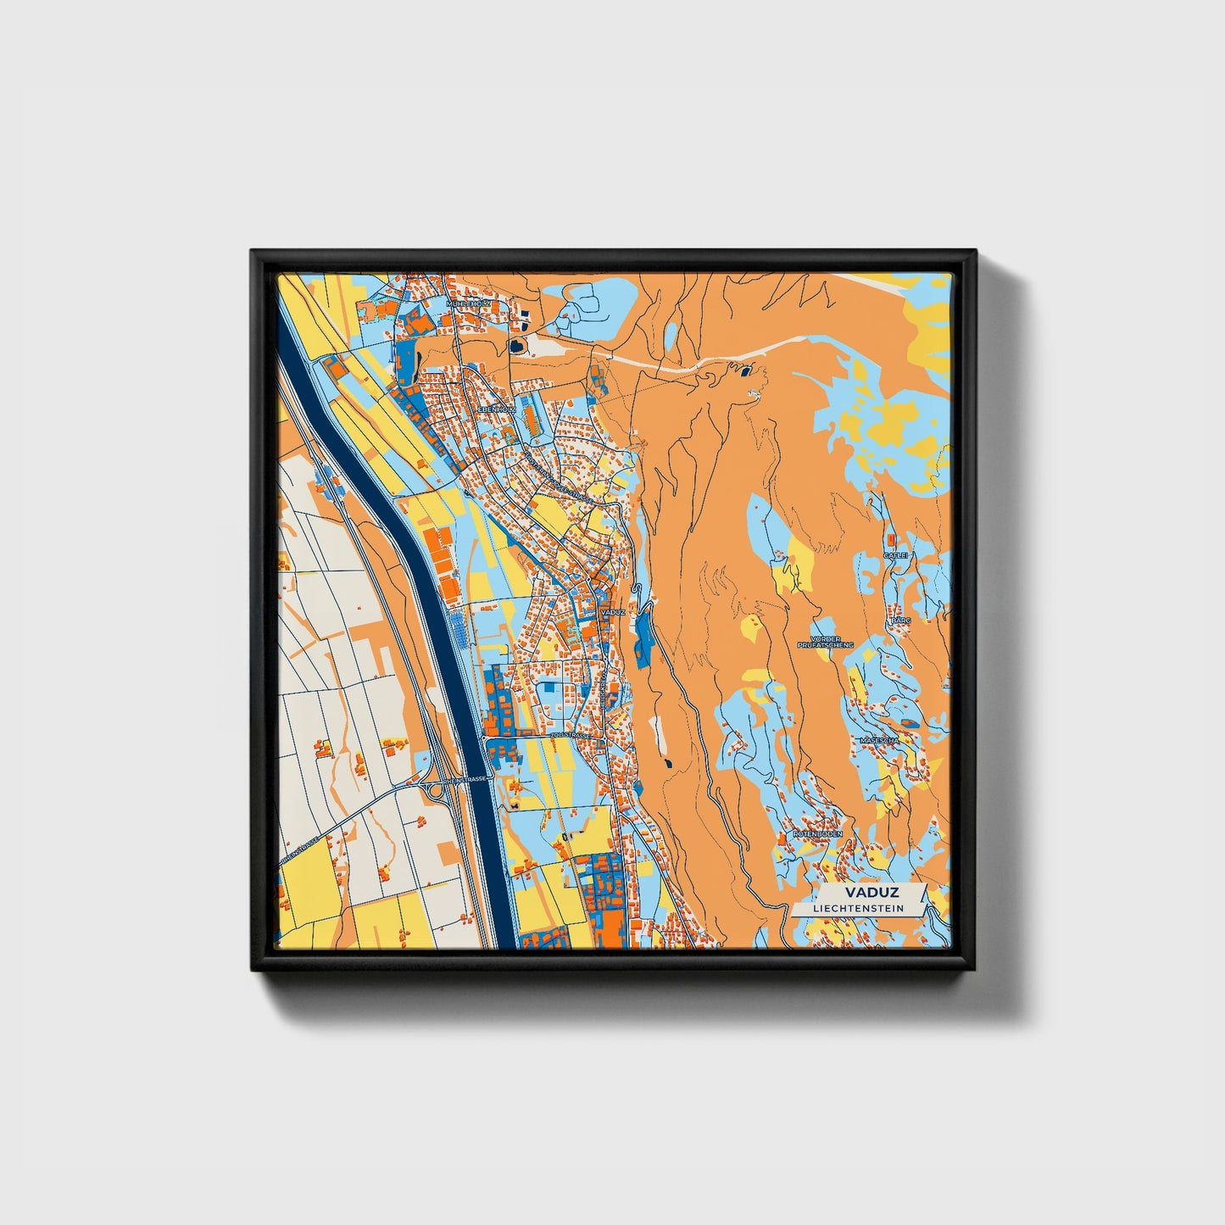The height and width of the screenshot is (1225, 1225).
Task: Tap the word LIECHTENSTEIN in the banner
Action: [857, 909]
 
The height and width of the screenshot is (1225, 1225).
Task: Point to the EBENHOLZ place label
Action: [497, 409]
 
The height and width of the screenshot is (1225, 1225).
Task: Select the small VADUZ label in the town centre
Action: [611, 611]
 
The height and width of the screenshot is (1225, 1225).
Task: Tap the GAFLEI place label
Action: [896, 554]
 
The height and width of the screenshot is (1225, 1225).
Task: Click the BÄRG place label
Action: [900, 621]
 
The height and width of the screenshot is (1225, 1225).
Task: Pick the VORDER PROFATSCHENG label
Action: [826, 642]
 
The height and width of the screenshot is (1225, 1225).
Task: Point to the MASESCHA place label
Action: [878, 740]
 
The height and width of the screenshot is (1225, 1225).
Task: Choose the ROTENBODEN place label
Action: [815, 834]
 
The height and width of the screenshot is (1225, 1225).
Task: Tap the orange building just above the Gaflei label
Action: [891, 539]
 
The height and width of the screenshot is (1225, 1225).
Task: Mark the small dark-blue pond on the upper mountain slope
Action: [745, 370]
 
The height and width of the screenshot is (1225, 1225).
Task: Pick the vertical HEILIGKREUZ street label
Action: [603, 686]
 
